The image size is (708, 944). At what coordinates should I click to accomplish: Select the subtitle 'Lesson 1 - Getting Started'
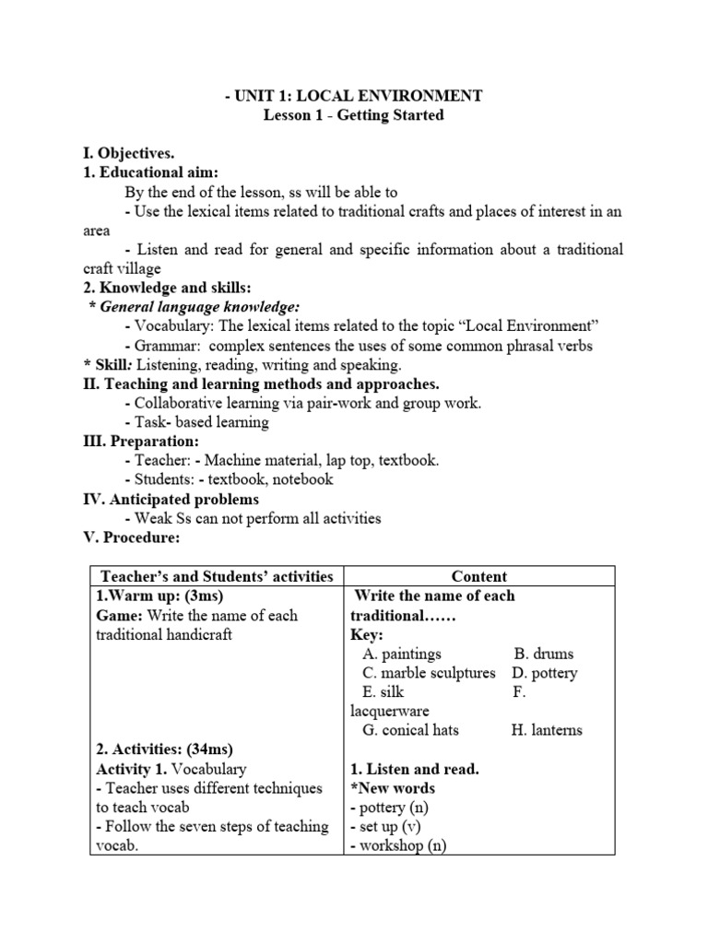click(354, 115)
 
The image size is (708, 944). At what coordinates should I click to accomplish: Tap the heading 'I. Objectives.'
click(129, 153)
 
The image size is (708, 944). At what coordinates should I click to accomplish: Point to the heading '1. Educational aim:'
click(151, 172)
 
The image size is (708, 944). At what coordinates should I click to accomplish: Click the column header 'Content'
click(478, 576)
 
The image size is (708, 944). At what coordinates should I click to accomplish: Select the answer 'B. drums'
click(544, 654)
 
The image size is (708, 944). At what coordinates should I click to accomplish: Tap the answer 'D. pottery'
click(545, 673)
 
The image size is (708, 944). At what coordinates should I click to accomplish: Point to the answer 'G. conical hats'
click(410, 730)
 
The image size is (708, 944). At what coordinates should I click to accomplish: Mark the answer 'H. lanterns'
click(547, 730)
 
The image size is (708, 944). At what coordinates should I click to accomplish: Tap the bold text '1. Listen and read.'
click(415, 769)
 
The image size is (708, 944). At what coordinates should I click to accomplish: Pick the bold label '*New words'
click(393, 788)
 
